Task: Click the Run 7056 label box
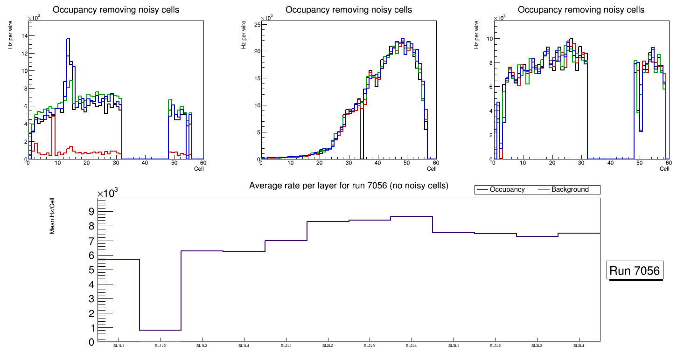[635, 270]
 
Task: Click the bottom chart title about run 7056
[349, 186]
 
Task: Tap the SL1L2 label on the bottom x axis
[160, 346]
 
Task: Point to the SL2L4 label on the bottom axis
[411, 346]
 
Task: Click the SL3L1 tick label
[453, 346]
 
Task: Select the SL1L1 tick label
[119, 346]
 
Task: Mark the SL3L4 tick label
[579, 346]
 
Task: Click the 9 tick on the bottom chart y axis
[91, 212]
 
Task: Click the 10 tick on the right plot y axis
[489, 39]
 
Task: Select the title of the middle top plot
[349, 10]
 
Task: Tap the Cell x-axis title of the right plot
[664, 169]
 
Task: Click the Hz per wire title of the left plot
[10, 37]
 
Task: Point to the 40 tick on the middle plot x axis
[377, 163]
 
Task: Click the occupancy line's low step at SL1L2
[160, 330]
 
